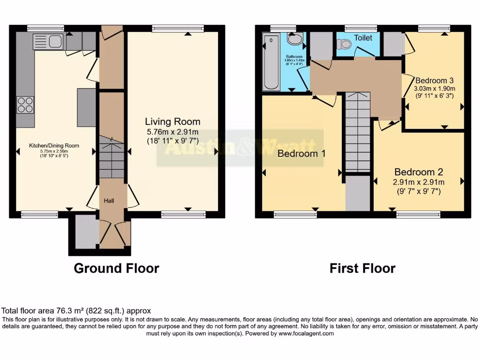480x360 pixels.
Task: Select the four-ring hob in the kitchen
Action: click(x=25, y=104)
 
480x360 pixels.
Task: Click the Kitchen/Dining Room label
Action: click(x=54, y=146)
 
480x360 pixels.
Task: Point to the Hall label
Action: click(x=109, y=201)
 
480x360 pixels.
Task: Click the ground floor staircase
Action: click(x=112, y=157)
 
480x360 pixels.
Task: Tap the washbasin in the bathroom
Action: click(x=295, y=40)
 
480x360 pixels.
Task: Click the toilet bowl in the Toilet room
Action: click(x=345, y=44)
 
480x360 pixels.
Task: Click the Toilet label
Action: click(x=363, y=37)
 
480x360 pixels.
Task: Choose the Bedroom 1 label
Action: click(x=301, y=154)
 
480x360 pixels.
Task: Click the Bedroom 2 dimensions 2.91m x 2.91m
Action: click(x=419, y=182)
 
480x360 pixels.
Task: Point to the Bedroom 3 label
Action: click(x=434, y=80)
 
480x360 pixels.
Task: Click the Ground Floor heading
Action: click(x=116, y=268)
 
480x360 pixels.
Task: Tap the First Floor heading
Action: click(x=362, y=268)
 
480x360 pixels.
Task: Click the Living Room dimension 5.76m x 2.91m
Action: click(x=172, y=131)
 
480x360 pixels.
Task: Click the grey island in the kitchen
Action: click(x=86, y=107)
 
